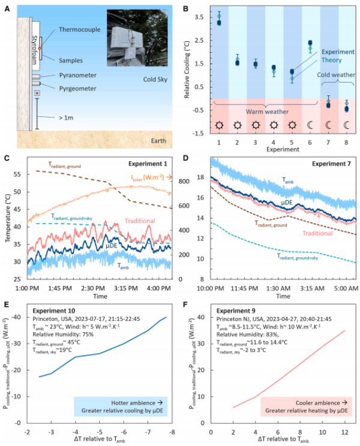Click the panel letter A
point(7,8)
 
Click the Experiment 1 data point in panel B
point(219,22)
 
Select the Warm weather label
point(268,110)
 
